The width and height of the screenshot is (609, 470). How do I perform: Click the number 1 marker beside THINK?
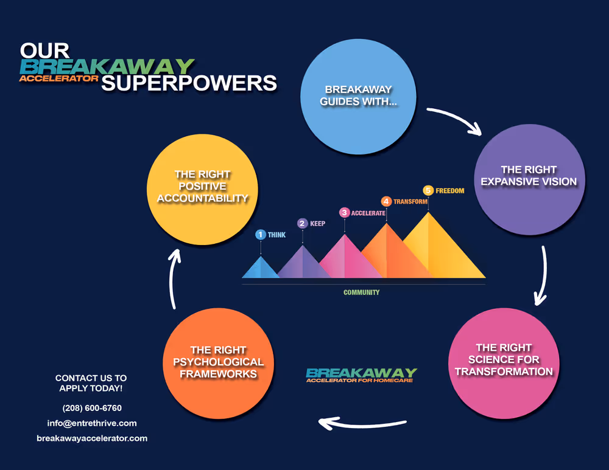coord(261,235)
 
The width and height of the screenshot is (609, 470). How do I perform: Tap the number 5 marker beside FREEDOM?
coord(428,190)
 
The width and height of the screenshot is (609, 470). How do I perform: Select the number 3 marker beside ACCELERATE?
coord(344,213)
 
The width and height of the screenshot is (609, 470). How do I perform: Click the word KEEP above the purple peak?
coord(317,224)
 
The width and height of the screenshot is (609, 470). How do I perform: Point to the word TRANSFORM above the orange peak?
coord(410,202)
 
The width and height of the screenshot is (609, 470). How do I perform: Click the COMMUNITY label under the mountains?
coord(362,292)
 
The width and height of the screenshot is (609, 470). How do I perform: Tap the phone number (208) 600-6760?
coord(92,408)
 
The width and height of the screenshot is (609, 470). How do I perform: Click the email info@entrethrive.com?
coord(92,423)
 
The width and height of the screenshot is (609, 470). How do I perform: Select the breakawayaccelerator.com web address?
coord(92,438)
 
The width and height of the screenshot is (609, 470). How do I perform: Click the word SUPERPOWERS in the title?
coord(189,83)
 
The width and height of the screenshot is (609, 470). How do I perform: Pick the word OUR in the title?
coord(44,51)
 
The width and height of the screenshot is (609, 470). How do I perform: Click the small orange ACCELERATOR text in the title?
coord(58,78)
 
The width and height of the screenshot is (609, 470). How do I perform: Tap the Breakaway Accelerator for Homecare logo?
coord(362,375)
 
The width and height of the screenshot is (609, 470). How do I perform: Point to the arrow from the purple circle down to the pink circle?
coord(544,276)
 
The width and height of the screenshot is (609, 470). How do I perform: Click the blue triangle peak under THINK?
coord(261,267)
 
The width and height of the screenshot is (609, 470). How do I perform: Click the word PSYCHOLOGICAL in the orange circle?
coord(218,362)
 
